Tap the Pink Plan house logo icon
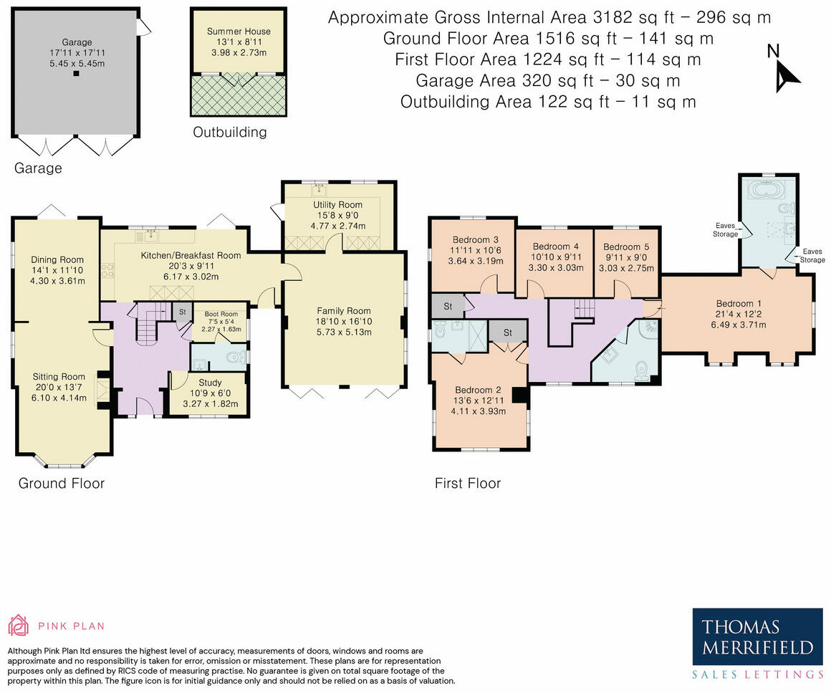(x=18, y=626)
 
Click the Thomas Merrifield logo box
(x=758, y=637)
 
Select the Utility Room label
(x=337, y=205)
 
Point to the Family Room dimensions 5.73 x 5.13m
(x=344, y=333)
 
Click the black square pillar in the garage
(x=77, y=74)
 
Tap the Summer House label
(x=239, y=32)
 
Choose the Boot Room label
(x=221, y=315)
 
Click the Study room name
(x=210, y=383)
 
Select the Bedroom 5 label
(x=626, y=247)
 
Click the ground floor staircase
(x=152, y=323)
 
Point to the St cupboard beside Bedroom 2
(x=508, y=333)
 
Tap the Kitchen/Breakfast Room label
(x=191, y=256)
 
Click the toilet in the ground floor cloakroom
(x=236, y=358)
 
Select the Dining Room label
(x=57, y=260)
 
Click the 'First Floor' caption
(x=467, y=484)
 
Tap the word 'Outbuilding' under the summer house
(x=229, y=133)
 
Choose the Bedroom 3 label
(x=476, y=240)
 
